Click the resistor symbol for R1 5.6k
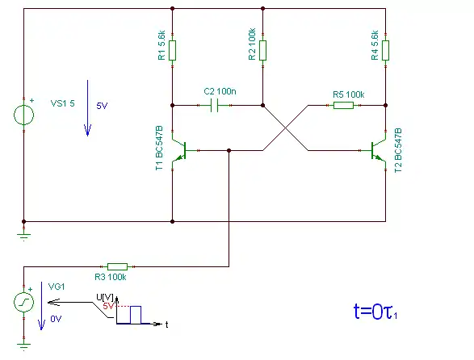(x=172, y=50)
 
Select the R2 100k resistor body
(x=262, y=50)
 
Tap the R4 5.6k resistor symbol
(x=385, y=50)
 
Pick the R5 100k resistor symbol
(x=343, y=105)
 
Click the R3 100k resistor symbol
(x=118, y=266)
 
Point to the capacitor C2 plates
(x=214, y=105)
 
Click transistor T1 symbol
(x=180, y=150)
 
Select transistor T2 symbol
(x=378, y=150)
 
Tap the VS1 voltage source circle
(x=24, y=115)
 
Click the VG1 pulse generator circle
(x=24, y=302)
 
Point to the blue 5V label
(x=102, y=106)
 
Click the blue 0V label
(x=56, y=319)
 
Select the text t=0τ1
(x=375, y=312)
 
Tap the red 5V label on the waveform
(x=108, y=306)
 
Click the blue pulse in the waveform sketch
(x=136, y=315)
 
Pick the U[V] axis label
(x=105, y=297)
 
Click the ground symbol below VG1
(x=24, y=346)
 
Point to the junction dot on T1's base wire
(x=229, y=150)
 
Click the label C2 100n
(x=220, y=91)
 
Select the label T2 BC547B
(x=398, y=150)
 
